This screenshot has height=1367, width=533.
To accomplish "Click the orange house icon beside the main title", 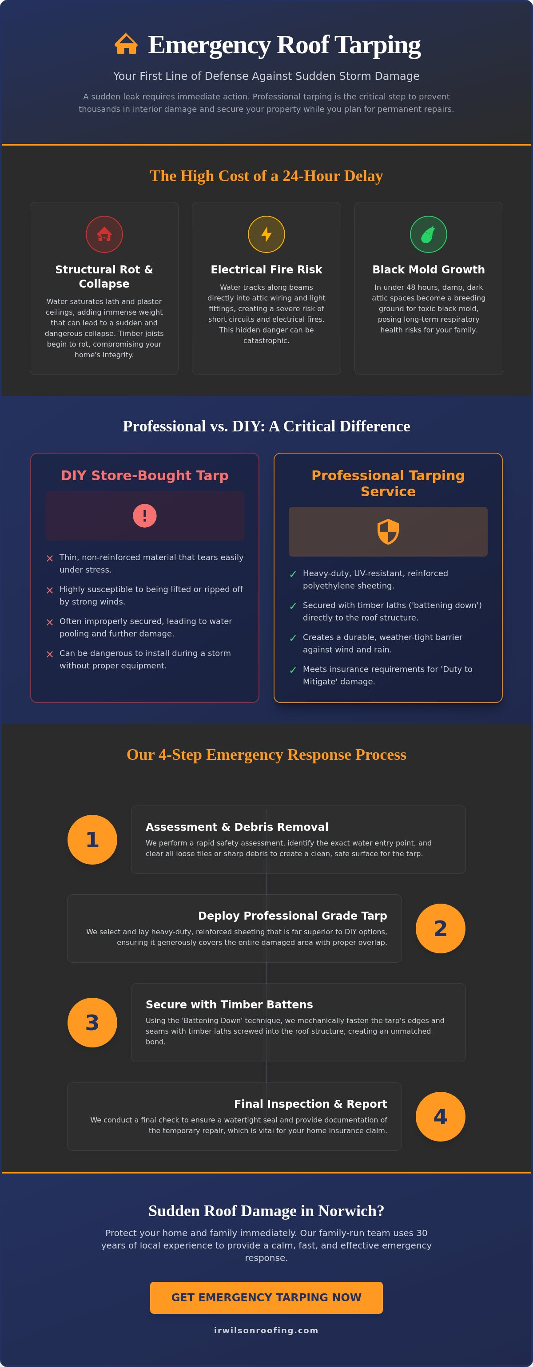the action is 126,44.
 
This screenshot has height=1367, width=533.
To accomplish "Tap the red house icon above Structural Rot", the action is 104,234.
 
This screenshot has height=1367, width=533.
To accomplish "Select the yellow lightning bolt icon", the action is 266,234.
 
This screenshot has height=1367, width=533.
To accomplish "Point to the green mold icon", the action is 429,234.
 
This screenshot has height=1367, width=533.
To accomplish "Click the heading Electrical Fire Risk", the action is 266,269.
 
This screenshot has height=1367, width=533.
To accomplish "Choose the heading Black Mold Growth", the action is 429,269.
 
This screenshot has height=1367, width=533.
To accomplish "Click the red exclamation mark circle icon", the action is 144,516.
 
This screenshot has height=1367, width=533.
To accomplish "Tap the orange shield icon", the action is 388,532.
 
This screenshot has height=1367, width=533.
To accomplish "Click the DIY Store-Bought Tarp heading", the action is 145,475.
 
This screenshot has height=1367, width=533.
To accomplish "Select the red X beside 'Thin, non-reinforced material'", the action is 50,558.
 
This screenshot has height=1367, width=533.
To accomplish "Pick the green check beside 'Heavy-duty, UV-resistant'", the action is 293,574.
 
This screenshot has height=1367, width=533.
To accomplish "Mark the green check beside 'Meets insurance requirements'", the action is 293,670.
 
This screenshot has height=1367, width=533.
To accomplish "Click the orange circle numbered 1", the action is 92,840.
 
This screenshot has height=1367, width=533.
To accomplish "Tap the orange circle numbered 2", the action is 441,928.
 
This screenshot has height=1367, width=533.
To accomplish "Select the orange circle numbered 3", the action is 92,1022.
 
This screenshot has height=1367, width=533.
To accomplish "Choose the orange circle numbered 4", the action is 441,1117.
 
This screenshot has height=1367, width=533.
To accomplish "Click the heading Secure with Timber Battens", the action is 229,1004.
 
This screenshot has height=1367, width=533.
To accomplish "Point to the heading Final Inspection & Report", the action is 310,1104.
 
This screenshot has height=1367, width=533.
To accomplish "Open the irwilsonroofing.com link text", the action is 266,1331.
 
